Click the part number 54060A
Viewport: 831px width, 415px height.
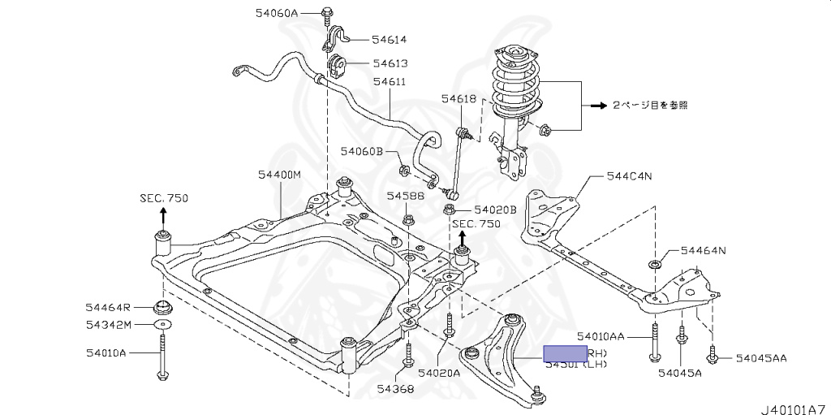point(277,13)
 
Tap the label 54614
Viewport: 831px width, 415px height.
point(390,39)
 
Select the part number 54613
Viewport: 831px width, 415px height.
point(390,63)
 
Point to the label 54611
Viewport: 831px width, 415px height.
point(390,81)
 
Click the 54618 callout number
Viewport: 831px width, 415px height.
point(459,98)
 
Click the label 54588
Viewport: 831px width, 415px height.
point(405,196)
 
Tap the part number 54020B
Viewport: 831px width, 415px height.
point(495,209)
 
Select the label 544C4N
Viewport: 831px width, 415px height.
point(629,175)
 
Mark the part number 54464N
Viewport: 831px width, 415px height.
point(703,250)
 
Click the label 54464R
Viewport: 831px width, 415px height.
point(108,307)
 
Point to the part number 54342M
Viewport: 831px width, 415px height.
point(108,325)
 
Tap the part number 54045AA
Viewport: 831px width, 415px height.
point(760,357)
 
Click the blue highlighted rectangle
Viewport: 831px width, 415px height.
point(565,353)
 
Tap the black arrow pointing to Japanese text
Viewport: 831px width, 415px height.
point(599,106)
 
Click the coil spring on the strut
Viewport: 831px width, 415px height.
point(514,85)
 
